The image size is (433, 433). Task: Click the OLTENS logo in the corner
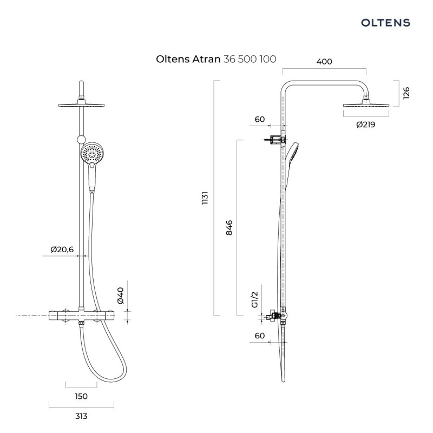click(385, 22)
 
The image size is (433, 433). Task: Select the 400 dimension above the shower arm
click(324, 62)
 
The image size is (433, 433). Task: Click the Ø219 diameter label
click(365, 124)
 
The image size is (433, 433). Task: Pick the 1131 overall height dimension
click(206, 198)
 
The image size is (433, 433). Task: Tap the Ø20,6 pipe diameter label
click(62, 249)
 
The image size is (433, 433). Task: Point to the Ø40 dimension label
click(121, 295)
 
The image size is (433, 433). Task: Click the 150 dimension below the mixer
click(81, 396)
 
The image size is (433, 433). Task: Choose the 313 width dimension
click(81, 416)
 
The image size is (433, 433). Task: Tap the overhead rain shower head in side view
click(366, 105)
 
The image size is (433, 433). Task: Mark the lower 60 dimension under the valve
click(259, 336)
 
